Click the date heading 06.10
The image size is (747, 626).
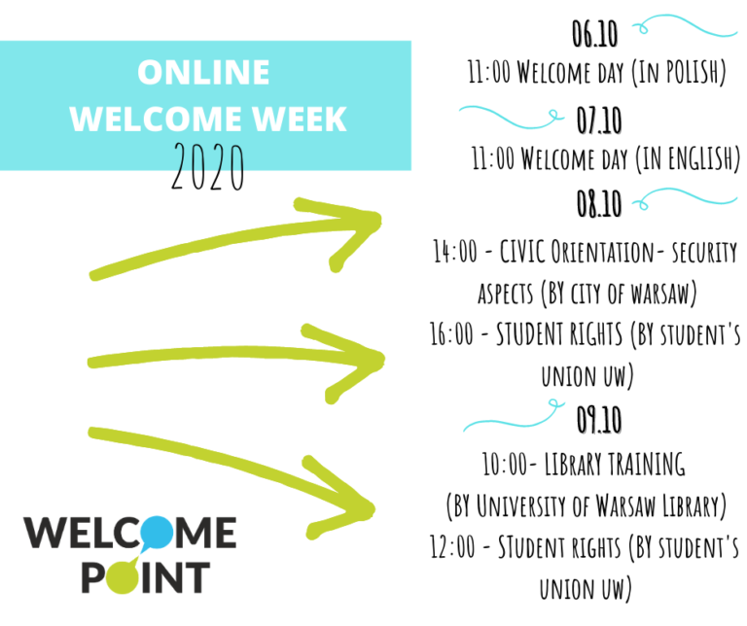594,34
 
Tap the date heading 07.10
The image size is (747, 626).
599,121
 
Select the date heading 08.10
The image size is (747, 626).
599,203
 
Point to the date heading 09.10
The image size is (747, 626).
599,420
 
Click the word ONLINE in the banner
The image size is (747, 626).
203,72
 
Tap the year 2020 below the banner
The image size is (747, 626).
208,166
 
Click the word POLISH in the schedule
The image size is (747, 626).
695,72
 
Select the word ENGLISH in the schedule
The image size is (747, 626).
704,158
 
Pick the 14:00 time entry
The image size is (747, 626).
455,252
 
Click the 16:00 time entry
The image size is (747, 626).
451,333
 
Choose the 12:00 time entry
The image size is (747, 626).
452,546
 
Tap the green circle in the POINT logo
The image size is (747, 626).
123,577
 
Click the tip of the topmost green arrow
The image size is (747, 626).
379,221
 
